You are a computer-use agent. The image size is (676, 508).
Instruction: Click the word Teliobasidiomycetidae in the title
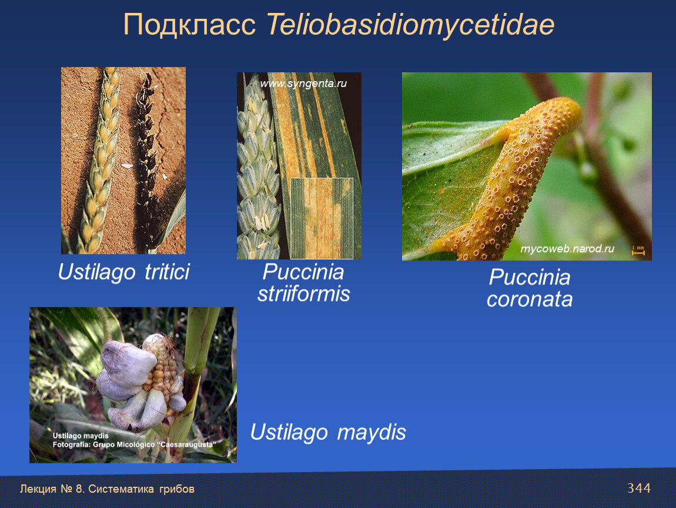tap(410, 25)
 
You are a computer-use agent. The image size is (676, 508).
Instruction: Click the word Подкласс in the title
tap(189, 25)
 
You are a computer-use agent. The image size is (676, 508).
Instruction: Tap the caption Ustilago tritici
tap(123, 272)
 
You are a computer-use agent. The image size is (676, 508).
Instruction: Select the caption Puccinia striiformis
tap(303, 283)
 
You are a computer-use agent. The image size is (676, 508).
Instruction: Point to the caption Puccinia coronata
tap(530, 288)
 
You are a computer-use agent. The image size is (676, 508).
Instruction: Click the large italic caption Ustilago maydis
tap(328, 432)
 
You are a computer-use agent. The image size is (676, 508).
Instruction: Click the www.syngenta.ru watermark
tap(303, 83)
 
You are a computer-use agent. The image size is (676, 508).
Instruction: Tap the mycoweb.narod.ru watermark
tap(567, 249)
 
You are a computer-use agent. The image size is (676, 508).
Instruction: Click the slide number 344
tap(639, 488)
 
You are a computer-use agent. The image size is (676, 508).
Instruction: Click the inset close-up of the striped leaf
tap(322, 218)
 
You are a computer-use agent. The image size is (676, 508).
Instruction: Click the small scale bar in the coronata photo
tap(638, 250)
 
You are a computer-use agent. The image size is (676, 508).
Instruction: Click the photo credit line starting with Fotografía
tap(135, 444)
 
